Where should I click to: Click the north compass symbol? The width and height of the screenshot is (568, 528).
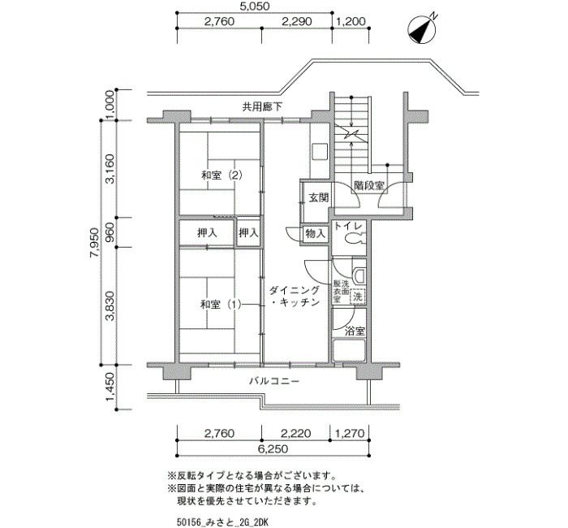421,29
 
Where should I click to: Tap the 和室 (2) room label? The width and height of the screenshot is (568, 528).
222,175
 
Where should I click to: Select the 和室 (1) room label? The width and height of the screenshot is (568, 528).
221,305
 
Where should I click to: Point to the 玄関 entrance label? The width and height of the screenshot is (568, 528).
318,197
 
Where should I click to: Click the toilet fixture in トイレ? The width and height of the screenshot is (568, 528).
354,239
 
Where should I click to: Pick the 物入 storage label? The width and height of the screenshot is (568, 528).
316,234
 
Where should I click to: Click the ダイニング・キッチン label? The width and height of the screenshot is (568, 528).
295,296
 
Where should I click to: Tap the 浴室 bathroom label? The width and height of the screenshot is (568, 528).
355,331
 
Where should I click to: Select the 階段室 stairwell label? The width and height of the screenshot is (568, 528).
369,186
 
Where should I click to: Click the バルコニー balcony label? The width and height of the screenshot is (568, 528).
274,381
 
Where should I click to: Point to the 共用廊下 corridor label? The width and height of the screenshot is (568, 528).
262,107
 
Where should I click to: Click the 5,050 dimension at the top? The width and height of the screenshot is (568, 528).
256,6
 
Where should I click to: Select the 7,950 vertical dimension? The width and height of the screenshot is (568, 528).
94,243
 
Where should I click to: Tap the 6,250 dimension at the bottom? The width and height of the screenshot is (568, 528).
273,449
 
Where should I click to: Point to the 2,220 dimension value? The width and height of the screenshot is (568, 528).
296,433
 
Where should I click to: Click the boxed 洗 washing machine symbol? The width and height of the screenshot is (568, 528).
358,296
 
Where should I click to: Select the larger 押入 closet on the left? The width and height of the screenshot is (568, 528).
207,233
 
